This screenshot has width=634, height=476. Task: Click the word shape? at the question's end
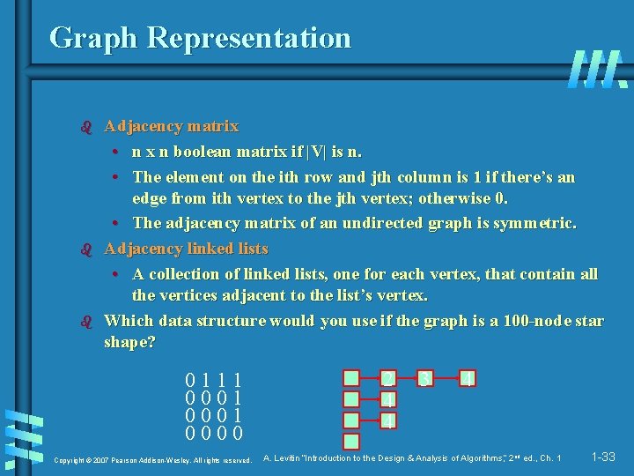pyautogui.click(x=129, y=342)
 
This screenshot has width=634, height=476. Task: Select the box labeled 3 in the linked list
pyautogui.click(x=425, y=380)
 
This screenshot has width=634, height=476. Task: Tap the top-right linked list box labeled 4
pyautogui.click(x=468, y=379)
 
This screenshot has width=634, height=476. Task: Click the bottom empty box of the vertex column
pyautogui.click(x=351, y=442)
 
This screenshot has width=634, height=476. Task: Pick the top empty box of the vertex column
pyautogui.click(x=351, y=380)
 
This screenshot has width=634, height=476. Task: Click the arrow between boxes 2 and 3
pyautogui.click(x=407, y=380)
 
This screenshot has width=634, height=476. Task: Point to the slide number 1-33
pyautogui.click(x=603, y=457)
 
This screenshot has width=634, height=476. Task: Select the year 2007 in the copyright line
pyautogui.click(x=100, y=460)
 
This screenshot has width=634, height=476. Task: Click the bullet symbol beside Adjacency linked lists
pyautogui.click(x=85, y=249)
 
